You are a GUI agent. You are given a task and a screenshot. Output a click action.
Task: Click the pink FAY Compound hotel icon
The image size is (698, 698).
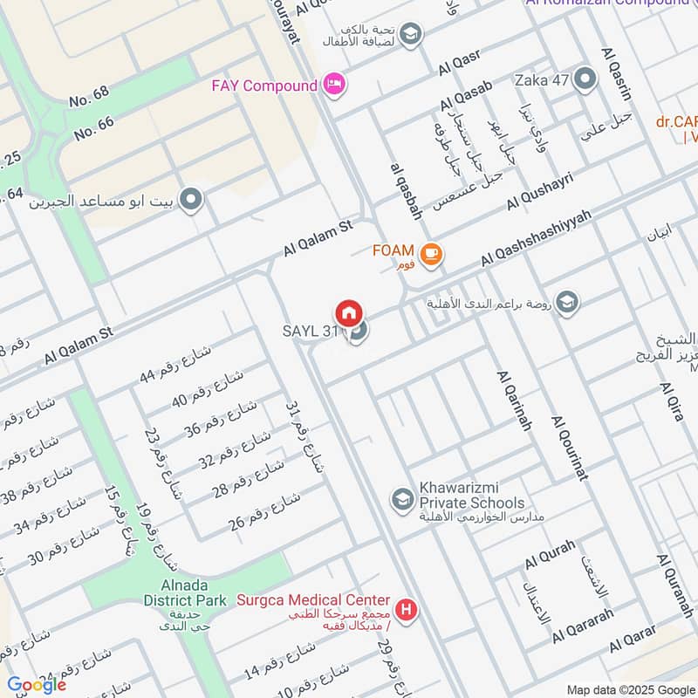pos(334,85)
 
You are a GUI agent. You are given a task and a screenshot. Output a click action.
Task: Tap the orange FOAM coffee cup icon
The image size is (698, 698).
pos(430,253)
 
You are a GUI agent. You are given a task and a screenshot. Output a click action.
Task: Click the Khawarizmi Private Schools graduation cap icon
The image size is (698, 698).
pos(402,498)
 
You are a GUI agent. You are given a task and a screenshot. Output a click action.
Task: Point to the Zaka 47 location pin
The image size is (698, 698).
pos(584,81)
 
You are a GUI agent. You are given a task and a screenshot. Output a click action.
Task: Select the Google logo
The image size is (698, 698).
pos(36,684)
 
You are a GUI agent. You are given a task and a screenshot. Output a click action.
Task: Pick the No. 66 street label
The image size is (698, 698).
pos(94,128)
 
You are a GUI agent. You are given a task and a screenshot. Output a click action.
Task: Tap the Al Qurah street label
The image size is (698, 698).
pos(550,555)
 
